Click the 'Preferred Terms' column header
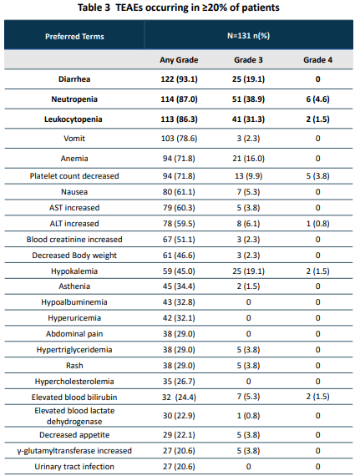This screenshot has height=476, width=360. (x=74, y=37)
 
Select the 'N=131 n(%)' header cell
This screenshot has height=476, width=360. (x=248, y=36)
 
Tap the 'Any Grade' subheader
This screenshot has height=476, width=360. (x=179, y=60)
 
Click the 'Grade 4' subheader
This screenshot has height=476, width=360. (x=317, y=60)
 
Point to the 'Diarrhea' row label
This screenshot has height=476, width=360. (x=74, y=79)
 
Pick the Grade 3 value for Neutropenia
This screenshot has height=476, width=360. (x=248, y=99)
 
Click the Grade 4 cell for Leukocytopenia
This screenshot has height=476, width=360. (x=317, y=119)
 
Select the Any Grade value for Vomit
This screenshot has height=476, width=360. (x=179, y=139)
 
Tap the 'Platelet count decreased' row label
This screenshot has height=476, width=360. (x=74, y=176)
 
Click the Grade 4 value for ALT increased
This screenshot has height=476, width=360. (x=317, y=224)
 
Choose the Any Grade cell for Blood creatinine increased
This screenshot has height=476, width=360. (x=179, y=240)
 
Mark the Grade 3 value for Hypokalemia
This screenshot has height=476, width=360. (x=248, y=271)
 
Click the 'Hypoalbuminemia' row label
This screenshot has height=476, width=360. (x=74, y=302)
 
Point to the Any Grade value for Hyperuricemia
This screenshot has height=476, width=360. (x=179, y=318)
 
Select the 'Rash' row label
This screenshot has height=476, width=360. (x=74, y=366)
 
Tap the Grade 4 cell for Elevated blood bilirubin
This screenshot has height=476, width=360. (x=317, y=397)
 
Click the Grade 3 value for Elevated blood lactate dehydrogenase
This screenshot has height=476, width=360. (x=248, y=416)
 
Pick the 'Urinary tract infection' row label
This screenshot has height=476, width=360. (x=74, y=467)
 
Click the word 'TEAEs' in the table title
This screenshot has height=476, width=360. (x=129, y=8)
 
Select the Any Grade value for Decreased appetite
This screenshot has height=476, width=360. (x=179, y=435)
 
